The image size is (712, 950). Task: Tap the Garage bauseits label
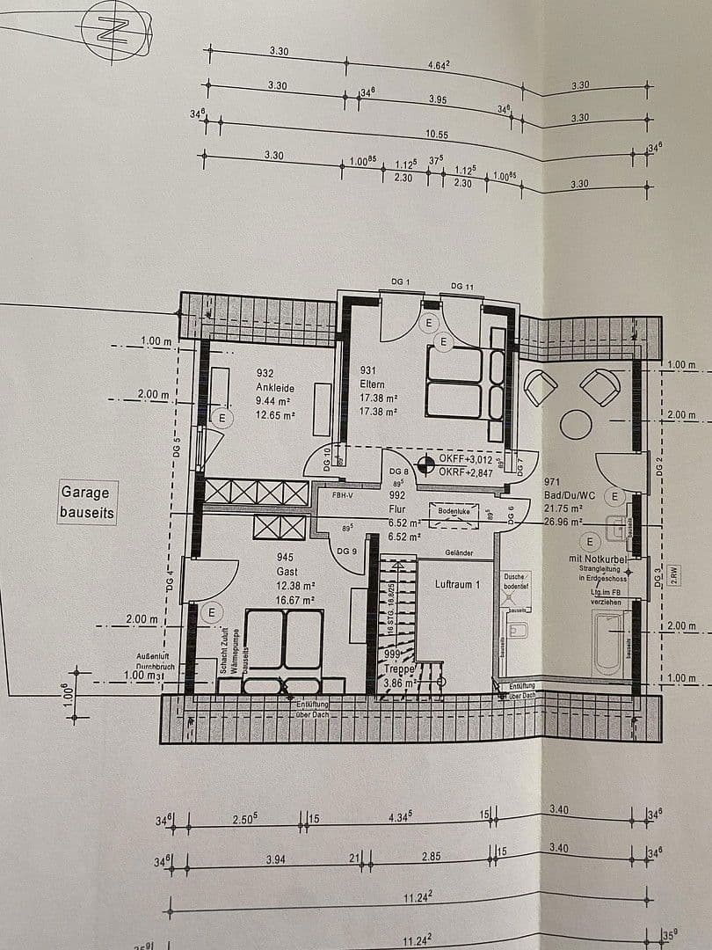pos(86,502)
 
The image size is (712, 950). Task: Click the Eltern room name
pos(374,384)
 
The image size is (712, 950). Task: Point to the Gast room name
pos(286,571)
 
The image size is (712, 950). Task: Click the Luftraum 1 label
pos(458,584)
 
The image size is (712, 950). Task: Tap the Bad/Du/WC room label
pos(570,495)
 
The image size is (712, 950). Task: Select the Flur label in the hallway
pos(395,507)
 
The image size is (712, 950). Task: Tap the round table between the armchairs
pos(577,424)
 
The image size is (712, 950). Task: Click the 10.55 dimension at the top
pos(437,135)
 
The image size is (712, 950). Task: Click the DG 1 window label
pos(401,281)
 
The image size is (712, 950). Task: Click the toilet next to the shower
pos(519,630)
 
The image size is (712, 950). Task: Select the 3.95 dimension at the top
pos(438,99)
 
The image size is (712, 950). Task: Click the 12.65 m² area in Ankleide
pos(275,416)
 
